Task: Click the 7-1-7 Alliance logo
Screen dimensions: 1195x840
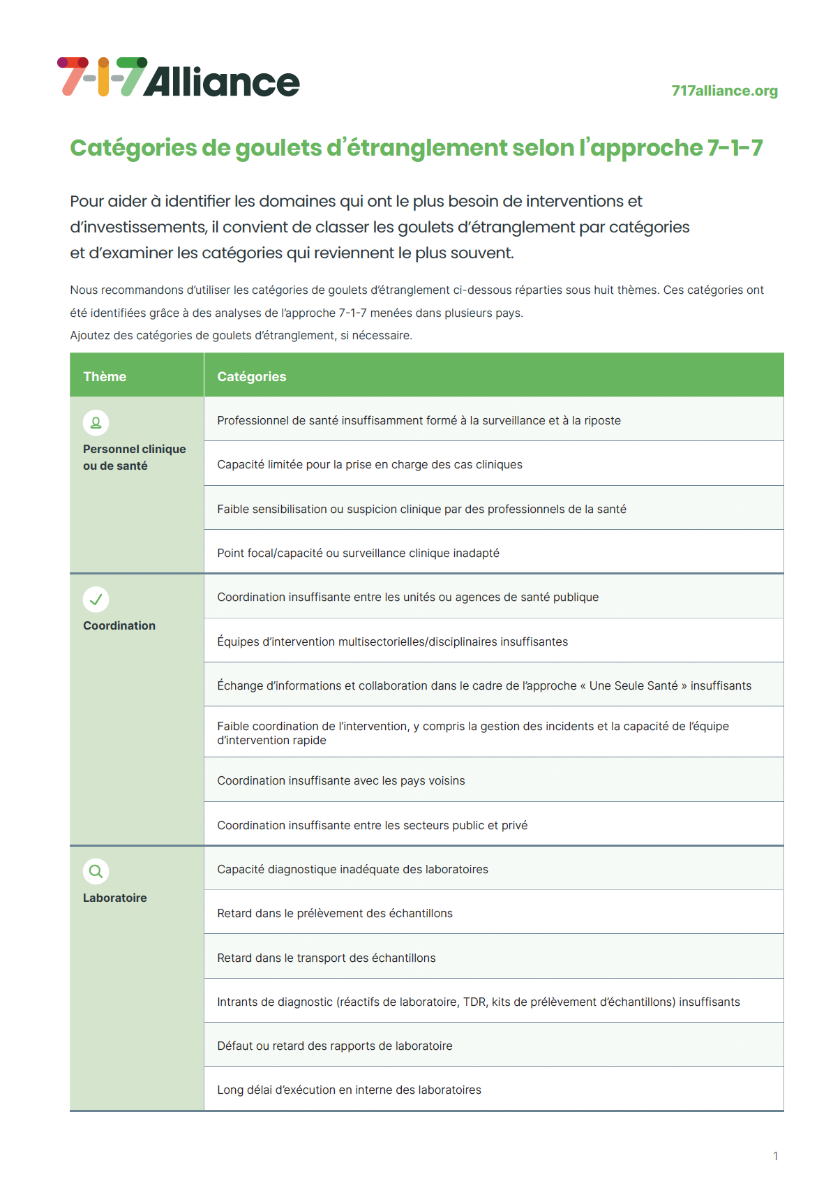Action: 179,77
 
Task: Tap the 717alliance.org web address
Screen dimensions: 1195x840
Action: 724,91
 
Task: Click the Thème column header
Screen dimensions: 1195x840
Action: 105,376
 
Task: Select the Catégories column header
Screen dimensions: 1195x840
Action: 252,376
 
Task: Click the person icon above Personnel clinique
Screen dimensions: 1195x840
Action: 96,422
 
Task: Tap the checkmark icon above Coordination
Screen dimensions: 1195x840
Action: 96,599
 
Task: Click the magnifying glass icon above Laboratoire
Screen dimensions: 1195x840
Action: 96,871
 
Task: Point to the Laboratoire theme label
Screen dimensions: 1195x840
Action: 115,898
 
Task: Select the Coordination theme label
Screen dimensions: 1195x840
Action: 119,625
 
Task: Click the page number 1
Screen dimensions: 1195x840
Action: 775,1156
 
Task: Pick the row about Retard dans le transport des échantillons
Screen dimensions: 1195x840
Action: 327,958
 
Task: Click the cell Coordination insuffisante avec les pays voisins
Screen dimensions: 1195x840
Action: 341,780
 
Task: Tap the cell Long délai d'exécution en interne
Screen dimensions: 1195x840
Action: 349,1090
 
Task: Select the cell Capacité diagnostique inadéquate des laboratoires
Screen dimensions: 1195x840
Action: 352,869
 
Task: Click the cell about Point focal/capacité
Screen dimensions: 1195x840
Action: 358,553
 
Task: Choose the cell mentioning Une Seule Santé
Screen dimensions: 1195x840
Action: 484,685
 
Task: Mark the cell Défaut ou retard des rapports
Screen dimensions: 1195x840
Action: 335,1046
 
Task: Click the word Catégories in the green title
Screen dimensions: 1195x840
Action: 133,148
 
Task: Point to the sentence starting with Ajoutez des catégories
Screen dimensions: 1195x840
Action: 241,335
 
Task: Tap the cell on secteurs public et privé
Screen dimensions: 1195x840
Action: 372,825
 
